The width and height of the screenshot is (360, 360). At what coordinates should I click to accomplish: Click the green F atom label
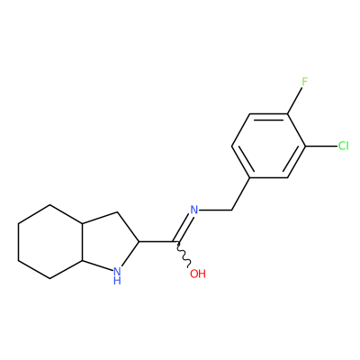(305, 82)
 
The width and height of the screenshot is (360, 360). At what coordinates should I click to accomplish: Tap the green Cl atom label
(343, 146)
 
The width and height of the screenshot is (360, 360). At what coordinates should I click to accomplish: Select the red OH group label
(198, 274)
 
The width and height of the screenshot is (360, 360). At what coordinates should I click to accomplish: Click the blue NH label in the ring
(117, 276)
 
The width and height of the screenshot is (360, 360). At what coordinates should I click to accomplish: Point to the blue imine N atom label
(194, 210)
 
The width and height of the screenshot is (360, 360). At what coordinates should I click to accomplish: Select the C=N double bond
(184, 227)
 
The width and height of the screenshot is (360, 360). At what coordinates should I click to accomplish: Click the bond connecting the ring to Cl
(321, 147)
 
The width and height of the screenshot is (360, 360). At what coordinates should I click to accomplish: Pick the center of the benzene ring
(268, 146)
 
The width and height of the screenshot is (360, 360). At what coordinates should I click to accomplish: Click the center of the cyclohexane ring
(50, 242)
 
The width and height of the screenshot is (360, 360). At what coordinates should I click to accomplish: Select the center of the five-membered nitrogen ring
(111, 241)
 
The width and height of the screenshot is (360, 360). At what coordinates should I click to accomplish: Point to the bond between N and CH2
(215, 210)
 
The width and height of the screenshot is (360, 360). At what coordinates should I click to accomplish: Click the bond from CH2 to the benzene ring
(241, 194)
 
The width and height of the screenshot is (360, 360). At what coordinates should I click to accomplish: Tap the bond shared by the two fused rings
(82, 242)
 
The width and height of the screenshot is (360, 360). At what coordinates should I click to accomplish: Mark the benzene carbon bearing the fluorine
(287, 114)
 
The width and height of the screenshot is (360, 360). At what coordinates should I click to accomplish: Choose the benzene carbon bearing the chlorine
(305, 147)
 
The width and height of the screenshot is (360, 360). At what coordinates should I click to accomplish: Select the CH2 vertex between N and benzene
(232, 210)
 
